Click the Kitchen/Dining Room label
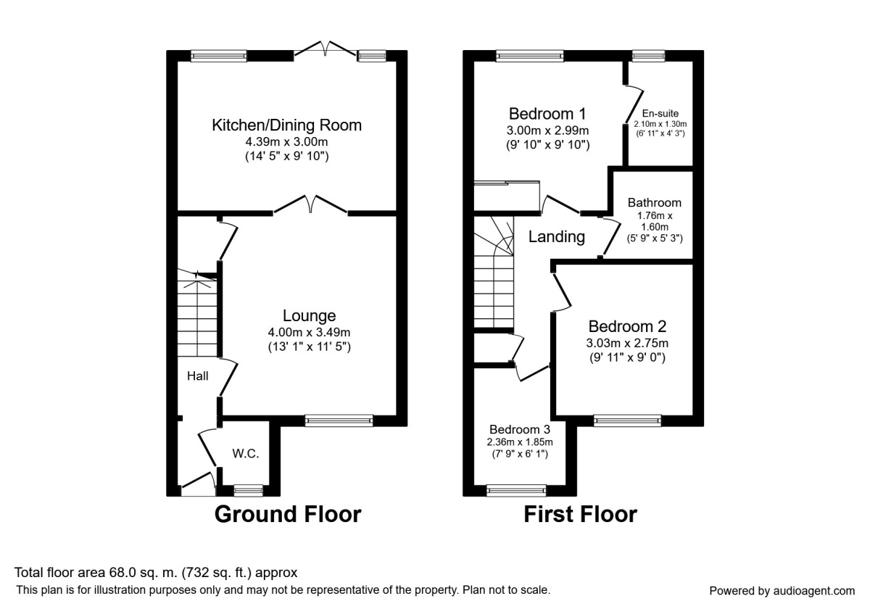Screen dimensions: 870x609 (x=286, y=125)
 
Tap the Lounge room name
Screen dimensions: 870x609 (x=309, y=316)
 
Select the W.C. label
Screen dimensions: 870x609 (x=246, y=453)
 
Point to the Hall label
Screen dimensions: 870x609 (x=198, y=376)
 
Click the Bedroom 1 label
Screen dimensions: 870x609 (x=547, y=114)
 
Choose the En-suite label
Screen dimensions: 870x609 (x=660, y=113)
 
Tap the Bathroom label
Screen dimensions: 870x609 (x=655, y=203)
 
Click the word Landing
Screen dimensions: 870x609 (x=557, y=236)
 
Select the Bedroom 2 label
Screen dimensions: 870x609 (x=627, y=326)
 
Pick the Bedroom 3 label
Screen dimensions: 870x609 (x=520, y=429)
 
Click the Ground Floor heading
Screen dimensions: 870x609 (x=288, y=514)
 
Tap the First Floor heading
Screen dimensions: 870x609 (x=580, y=514)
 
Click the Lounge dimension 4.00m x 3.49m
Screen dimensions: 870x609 (x=309, y=333)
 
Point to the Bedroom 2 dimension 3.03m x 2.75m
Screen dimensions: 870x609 (x=627, y=344)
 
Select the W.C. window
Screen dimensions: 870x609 (x=248, y=491)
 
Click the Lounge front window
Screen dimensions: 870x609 (x=339, y=420)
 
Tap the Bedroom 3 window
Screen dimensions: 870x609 (x=516, y=491)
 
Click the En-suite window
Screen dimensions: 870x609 (x=648, y=56)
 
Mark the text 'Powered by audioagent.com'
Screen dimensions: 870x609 (x=782, y=591)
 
